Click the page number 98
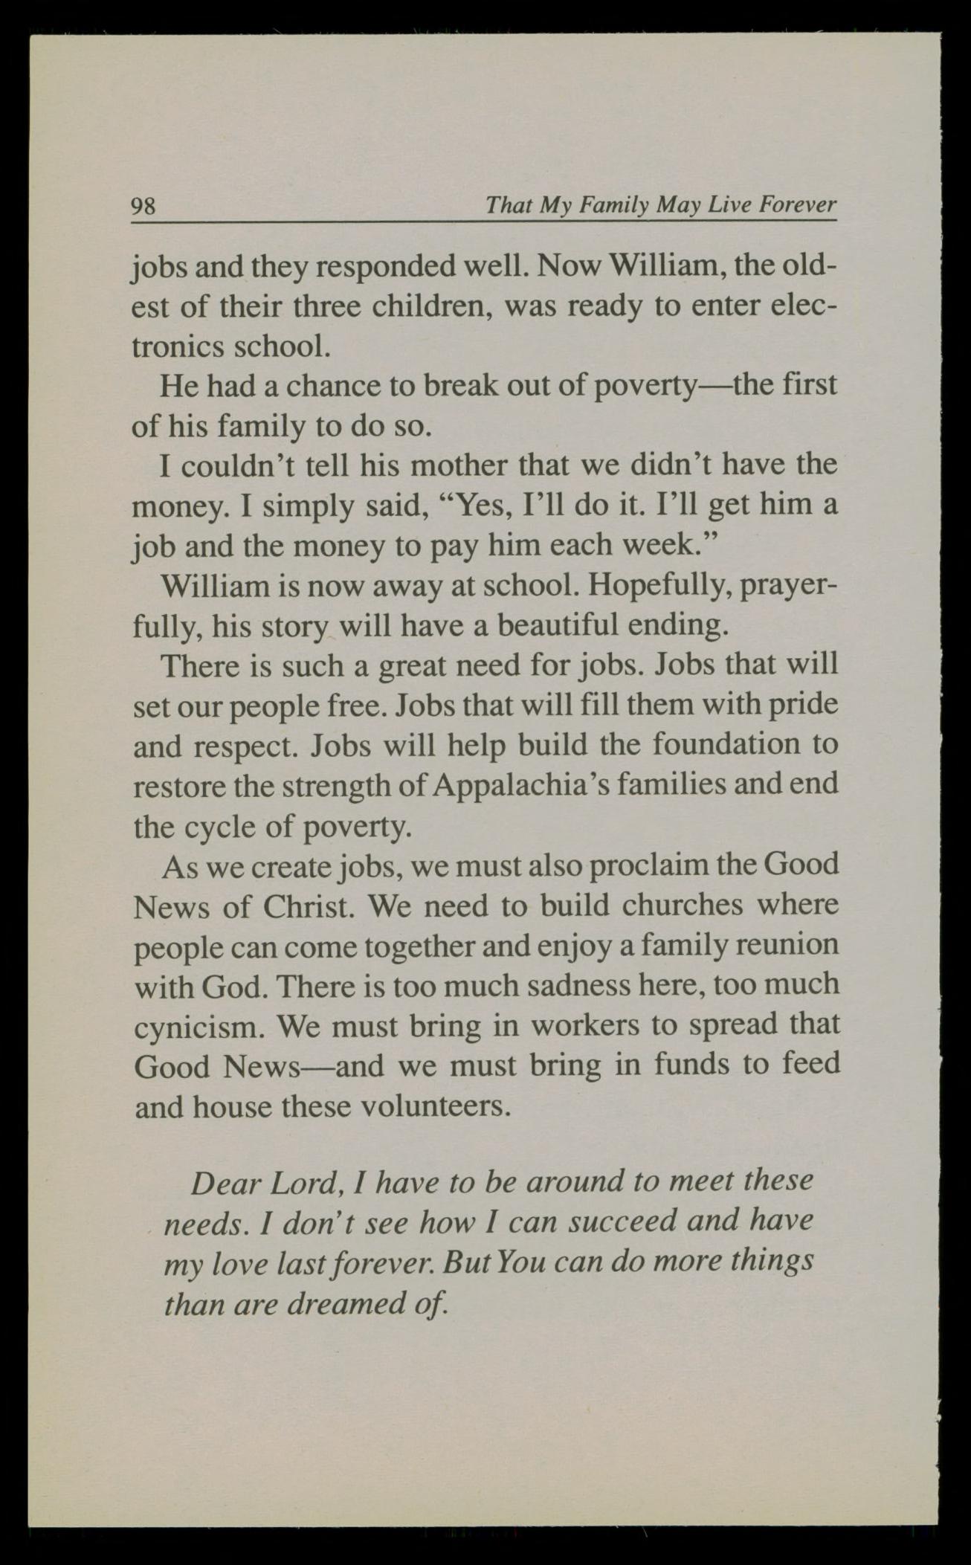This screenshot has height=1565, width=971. point(143,205)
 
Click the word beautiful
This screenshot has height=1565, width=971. point(558,626)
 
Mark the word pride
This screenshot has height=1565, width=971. point(806,705)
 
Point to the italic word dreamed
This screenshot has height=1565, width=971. point(350,1303)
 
